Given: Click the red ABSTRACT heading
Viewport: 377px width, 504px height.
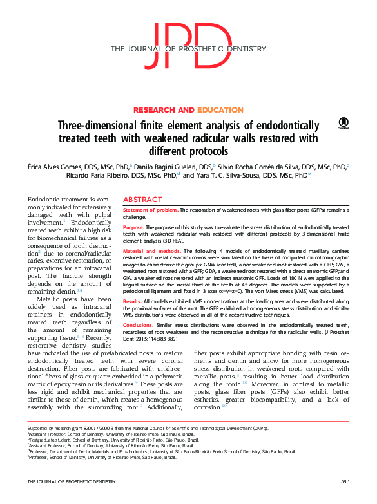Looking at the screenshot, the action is tap(142, 200).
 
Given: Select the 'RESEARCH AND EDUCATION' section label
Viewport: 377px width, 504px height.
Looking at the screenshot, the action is tap(188, 110).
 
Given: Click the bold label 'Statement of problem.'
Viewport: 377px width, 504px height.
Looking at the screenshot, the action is tap(150, 210).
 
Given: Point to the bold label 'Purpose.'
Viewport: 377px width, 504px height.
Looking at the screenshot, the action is tap(133, 227).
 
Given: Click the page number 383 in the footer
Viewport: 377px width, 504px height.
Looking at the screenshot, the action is tap(345, 481).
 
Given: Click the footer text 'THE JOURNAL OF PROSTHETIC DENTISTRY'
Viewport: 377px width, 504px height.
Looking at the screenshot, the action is tap(71, 481).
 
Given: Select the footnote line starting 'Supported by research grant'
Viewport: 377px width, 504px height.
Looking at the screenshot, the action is tap(148, 428).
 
